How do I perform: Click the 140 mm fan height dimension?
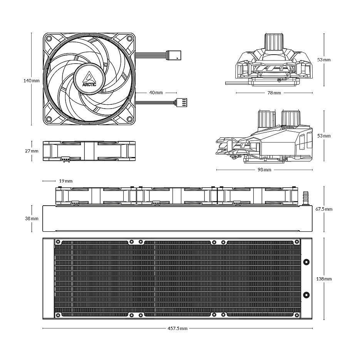(x=32, y=80)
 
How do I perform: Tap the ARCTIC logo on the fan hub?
(x=89, y=79)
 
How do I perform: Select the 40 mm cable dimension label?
(x=156, y=93)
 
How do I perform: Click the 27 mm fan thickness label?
(x=32, y=151)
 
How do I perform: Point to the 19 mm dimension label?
(x=66, y=181)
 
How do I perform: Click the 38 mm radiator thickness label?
(x=32, y=218)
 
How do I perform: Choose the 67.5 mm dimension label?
(x=324, y=209)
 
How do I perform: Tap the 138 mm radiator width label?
(x=324, y=279)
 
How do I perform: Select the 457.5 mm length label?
(x=177, y=328)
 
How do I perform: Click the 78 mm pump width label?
(x=274, y=93)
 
